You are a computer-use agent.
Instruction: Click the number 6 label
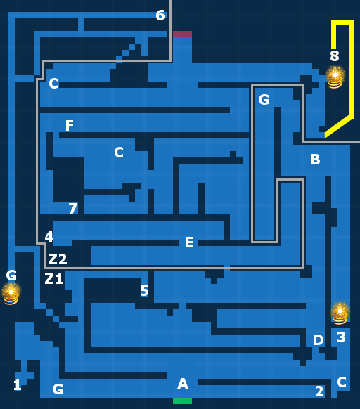click(160, 15)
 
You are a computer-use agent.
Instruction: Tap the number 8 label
click(335, 56)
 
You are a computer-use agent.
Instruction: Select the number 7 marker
click(73, 208)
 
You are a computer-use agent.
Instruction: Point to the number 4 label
click(49, 237)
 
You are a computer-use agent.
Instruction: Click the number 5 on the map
click(144, 290)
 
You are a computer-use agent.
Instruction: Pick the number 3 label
click(341, 337)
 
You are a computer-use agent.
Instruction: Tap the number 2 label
click(319, 391)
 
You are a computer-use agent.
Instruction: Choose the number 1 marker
click(18, 385)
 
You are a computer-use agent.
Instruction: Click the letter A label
click(183, 384)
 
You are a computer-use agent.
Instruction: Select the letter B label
click(316, 159)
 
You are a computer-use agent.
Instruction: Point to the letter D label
click(318, 339)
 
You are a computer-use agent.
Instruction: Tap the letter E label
click(189, 242)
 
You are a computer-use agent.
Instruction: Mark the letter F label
click(70, 126)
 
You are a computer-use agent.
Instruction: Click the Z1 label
click(54, 279)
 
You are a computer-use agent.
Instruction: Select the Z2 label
click(58, 259)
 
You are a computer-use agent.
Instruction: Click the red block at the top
click(182, 34)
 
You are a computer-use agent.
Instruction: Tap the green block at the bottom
click(182, 401)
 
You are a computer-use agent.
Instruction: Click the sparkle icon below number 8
click(335, 77)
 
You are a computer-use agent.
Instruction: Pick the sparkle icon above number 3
click(340, 313)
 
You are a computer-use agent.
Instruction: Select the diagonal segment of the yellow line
click(339, 126)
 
